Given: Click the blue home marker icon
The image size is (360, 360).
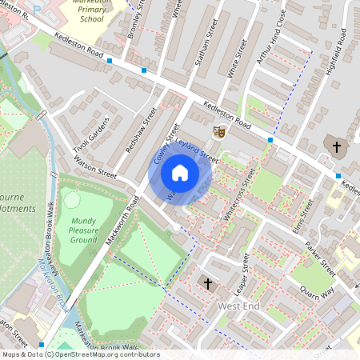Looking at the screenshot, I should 180,173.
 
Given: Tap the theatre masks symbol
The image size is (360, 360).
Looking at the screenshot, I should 218,131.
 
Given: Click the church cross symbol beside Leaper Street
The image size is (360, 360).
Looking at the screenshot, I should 208,283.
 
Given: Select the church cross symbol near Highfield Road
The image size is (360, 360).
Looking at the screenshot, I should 337,146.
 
